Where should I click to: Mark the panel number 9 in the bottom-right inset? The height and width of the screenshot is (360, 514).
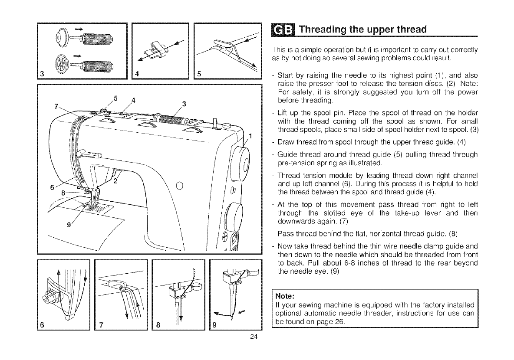click(x=216, y=325)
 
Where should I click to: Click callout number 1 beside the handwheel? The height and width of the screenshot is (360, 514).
click(x=250, y=137)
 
